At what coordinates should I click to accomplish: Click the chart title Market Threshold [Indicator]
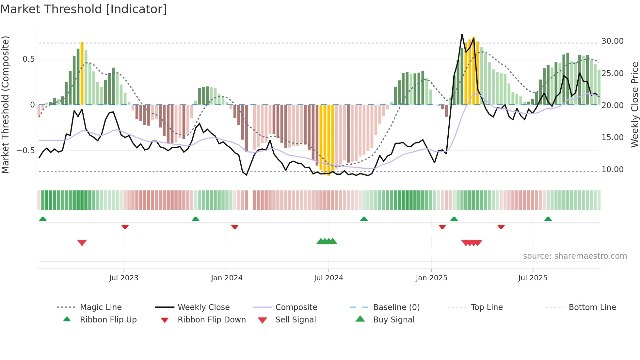[x=84, y=9]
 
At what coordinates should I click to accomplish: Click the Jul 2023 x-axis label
[x=124, y=278]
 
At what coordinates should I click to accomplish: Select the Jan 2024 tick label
[x=227, y=278]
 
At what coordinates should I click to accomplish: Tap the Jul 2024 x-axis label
[x=328, y=278]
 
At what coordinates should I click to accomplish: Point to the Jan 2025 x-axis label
[x=431, y=278]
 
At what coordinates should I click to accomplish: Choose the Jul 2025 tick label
[x=533, y=278]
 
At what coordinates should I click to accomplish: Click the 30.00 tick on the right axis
[x=612, y=41]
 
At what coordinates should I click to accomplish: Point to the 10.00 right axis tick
[x=612, y=170]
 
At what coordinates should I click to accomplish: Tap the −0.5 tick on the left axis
[x=26, y=151]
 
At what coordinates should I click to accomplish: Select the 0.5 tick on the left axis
[x=28, y=59]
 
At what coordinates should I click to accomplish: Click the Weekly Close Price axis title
[x=634, y=105]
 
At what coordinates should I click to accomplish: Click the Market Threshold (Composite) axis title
[x=5, y=105]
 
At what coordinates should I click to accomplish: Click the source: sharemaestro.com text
[x=575, y=256]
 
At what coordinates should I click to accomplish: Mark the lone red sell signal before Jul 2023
[x=82, y=243]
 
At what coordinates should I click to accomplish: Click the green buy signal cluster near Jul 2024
[x=327, y=241]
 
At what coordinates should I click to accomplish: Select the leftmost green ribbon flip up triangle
[x=43, y=219]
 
